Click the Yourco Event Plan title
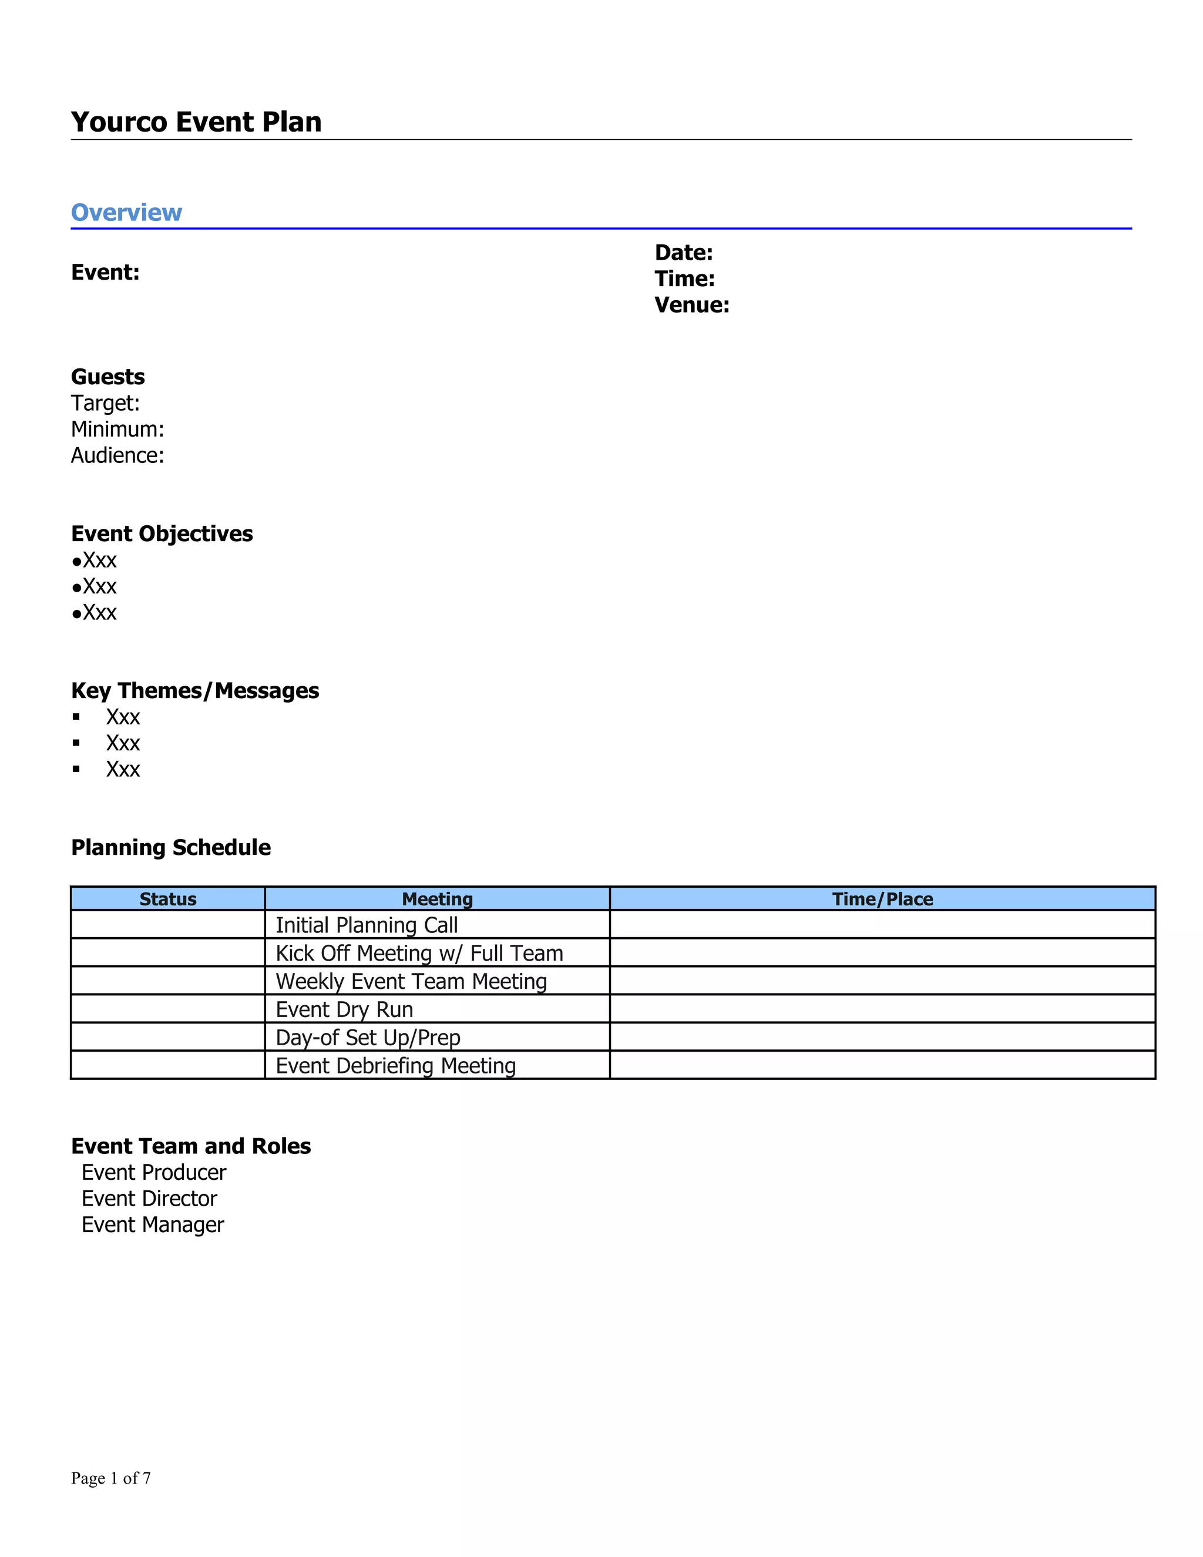click(196, 122)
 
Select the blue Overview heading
click(126, 213)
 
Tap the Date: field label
click(684, 253)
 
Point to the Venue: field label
click(691, 305)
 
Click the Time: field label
click(684, 278)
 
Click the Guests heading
click(107, 377)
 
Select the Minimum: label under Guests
click(117, 429)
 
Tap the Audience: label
click(117, 455)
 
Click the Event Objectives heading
click(162, 533)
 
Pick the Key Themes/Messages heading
click(194, 690)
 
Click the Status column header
click(167, 899)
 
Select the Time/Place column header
click(882, 899)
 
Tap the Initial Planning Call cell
click(367, 925)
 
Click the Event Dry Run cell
click(344, 1009)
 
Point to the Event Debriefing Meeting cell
click(395, 1066)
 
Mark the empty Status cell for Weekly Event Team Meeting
click(167, 981)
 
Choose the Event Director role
click(149, 1199)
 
